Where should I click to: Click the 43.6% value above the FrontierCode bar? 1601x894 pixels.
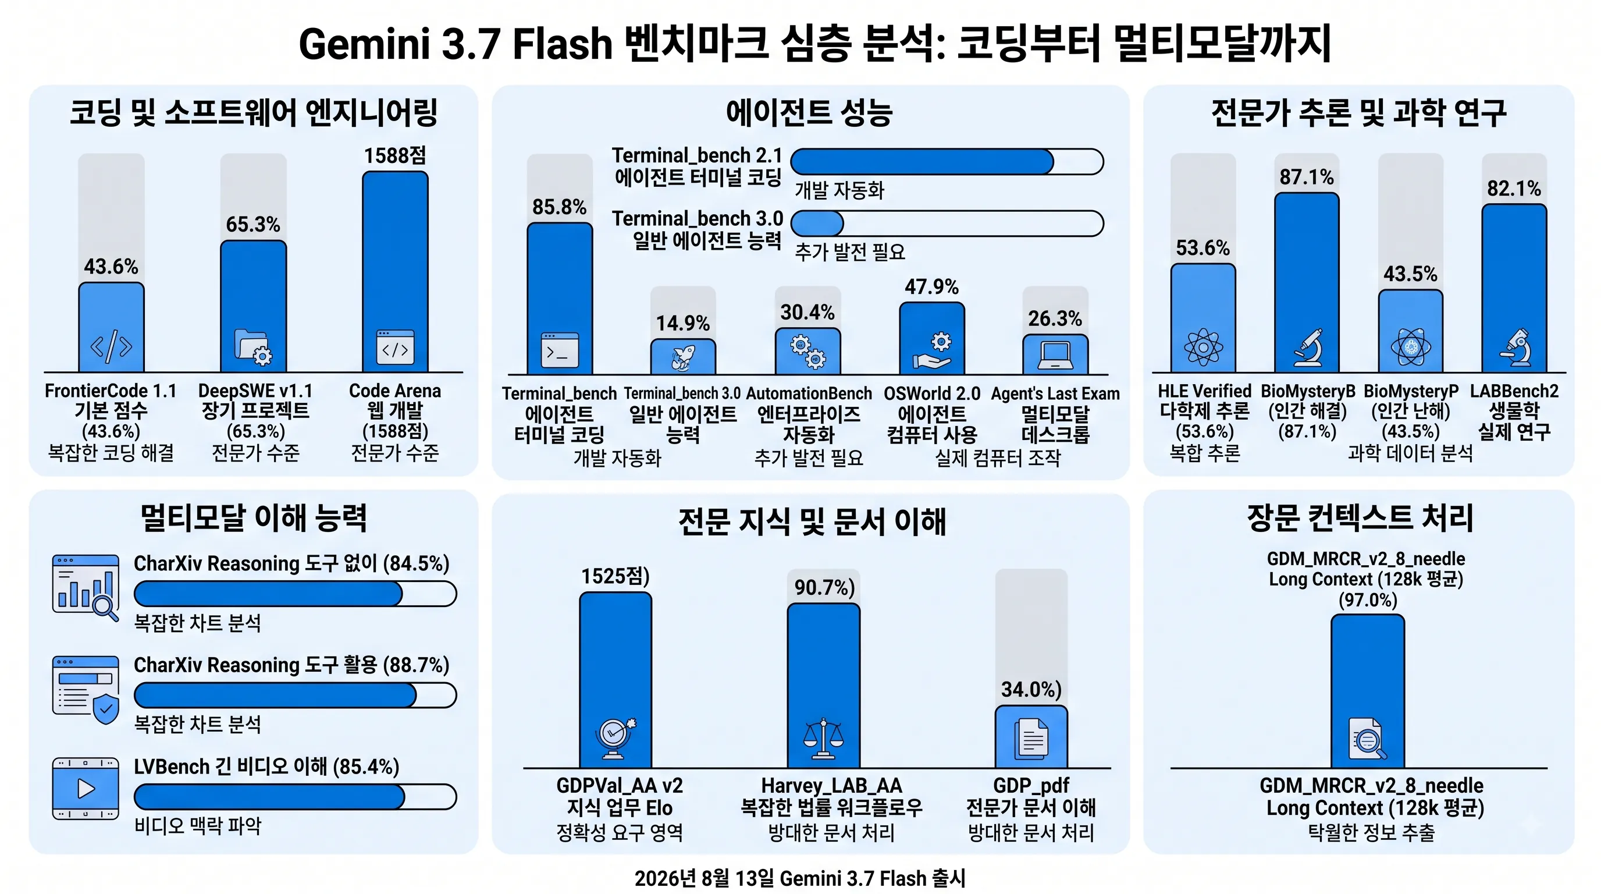pyautogui.click(x=111, y=267)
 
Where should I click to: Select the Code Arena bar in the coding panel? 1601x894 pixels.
pyautogui.click(x=395, y=272)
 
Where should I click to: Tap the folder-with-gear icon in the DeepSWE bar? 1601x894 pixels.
pyautogui.click(x=254, y=347)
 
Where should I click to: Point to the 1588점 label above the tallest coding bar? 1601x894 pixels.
pyautogui.click(x=395, y=155)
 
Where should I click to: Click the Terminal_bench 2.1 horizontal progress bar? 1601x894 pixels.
pyautogui.click(x=947, y=162)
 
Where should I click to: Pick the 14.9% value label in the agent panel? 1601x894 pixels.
pyautogui.click(x=683, y=323)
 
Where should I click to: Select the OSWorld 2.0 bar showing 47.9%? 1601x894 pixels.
pyautogui.click(x=932, y=338)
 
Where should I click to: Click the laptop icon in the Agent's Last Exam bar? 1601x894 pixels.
pyautogui.click(x=1055, y=356)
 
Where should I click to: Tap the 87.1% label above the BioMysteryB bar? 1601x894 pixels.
pyautogui.click(x=1307, y=177)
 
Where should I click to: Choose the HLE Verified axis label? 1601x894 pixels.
pyautogui.click(x=1204, y=391)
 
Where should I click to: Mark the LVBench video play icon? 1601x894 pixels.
pyautogui.click(x=86, y=789)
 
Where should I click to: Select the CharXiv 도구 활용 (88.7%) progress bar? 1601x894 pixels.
pyautogui.click(x=295, y=695)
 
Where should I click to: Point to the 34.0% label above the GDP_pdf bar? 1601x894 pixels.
pyautogui.click(x=1031, y=690)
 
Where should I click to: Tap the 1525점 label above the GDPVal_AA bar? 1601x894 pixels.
pyautogui.click(x=616, y=576)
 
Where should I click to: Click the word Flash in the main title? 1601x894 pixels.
pyautogui.click(x=563, y=44)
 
